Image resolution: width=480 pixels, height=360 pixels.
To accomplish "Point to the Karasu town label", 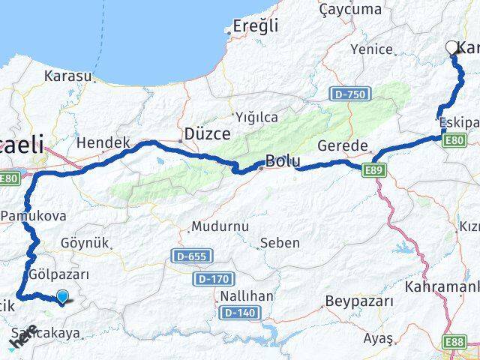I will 68,76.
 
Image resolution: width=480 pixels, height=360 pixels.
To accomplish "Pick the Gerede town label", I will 343,145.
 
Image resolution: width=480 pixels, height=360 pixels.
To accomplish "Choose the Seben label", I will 280,242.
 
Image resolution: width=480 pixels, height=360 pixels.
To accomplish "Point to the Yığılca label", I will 256,117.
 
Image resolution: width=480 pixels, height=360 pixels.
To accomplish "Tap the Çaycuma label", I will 350,9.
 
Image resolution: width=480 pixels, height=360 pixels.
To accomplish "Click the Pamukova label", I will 34,215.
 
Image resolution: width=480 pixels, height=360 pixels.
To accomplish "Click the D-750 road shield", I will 349,94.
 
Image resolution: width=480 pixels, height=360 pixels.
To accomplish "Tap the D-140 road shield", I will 238,312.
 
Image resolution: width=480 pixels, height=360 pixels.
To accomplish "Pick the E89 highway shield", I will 377,171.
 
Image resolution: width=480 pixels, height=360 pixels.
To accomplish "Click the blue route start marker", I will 62,297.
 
